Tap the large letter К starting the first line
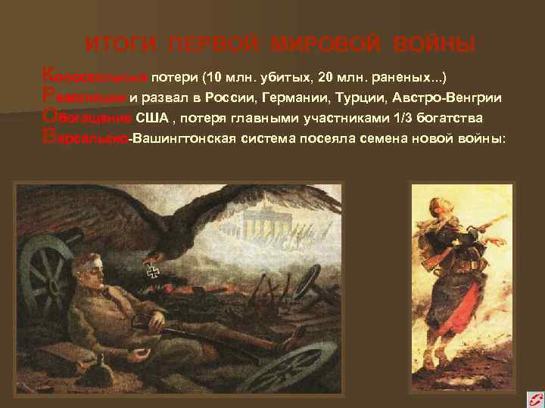(49, 75)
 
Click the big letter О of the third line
(50, 117)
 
